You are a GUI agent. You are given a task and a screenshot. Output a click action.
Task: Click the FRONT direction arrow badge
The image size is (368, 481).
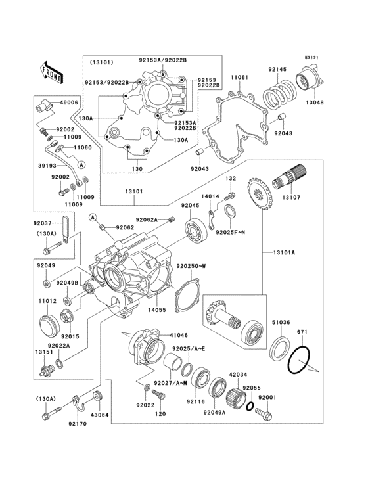(52, 70)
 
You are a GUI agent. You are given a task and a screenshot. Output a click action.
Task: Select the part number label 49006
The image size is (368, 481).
(69, 103)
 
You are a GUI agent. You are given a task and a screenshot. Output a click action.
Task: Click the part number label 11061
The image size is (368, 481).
(239, 78)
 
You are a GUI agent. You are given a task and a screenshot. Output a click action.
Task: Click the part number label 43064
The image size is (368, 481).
(99, 415)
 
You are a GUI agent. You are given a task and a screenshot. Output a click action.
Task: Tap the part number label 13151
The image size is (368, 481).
(43, 352)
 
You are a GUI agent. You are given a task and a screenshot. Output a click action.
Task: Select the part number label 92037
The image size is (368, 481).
(43, 223)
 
